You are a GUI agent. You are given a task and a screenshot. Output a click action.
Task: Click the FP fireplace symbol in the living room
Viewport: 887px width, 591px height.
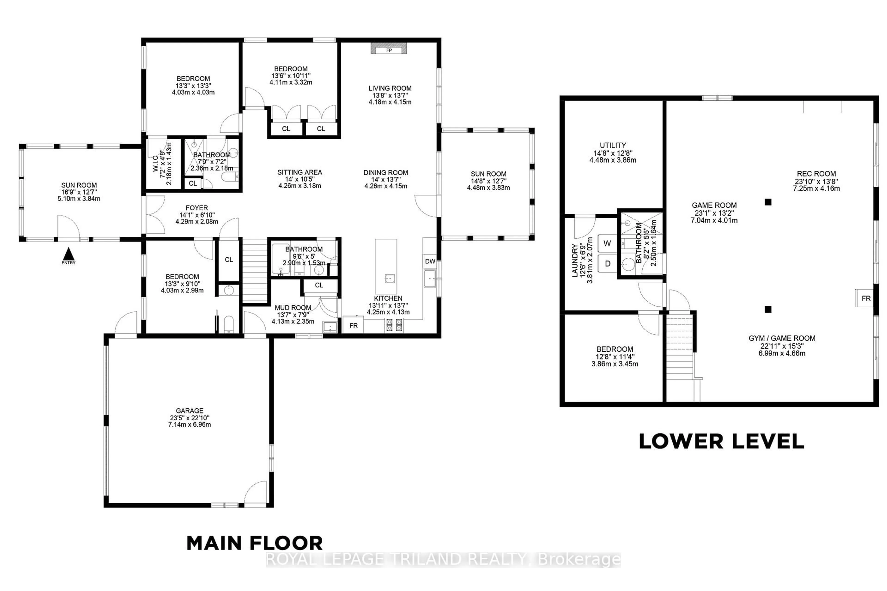389,50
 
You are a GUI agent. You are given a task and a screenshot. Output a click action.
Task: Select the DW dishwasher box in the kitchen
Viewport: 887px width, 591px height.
430,261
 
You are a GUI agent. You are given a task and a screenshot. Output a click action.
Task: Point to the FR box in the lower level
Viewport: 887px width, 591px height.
866,298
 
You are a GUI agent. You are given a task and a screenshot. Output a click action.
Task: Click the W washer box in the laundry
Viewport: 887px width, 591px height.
607,243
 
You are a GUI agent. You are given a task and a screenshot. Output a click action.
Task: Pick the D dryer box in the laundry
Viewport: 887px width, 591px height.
608,263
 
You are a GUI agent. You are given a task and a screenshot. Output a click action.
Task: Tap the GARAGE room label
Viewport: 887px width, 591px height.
189,410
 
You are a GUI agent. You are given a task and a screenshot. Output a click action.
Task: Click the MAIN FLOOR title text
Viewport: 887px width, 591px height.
255,543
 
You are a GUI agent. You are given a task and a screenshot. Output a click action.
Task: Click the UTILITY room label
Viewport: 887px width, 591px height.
613,145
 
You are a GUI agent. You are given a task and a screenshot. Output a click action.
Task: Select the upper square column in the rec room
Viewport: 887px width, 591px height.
768,202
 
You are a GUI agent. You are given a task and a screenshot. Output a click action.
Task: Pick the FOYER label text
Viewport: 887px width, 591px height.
197,208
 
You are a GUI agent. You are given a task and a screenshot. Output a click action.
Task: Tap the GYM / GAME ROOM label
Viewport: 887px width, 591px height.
782,338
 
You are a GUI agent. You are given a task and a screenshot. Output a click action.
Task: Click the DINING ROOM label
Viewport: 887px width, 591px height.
386,173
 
